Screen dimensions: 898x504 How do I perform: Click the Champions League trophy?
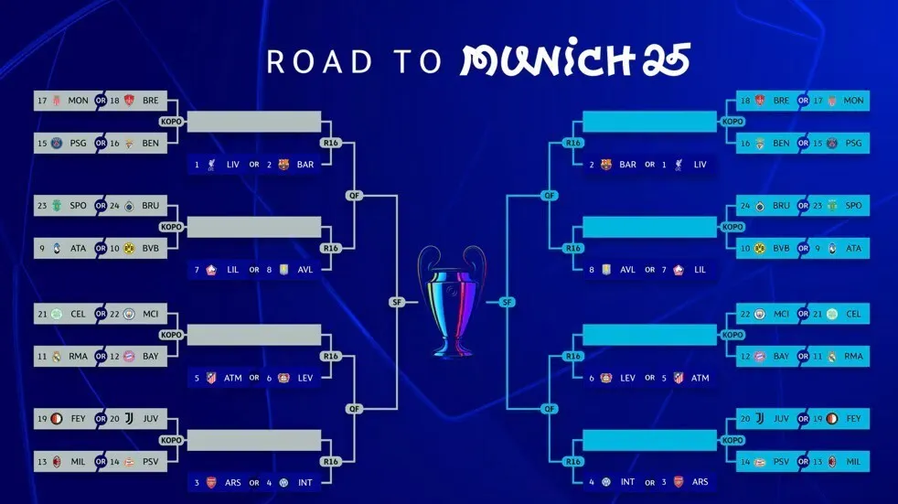pyautogui.click(x=452, y=301)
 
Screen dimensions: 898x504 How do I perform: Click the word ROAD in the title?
pyautogui.click(x=319, y=62)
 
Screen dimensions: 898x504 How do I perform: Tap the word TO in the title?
pyautogui.click(x=417, y=62)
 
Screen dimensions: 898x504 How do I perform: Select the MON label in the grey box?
pyautogui.click(x=78, y=101)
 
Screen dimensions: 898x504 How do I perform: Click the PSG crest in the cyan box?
pyautogui.click(x=832, y=144)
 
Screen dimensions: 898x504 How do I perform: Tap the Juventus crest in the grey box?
pyautogui.click(x=130, y=419)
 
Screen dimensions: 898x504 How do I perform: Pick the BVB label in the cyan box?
pyautogui.click(x=781, y=249)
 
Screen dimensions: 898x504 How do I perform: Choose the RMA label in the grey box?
pyautogui.click(x=78, y=356)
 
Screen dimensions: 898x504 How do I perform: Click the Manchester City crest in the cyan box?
pyautogui.click(x=760, y=314)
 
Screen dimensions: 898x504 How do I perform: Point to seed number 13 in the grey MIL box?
pyautogui.click(x=42, y=462)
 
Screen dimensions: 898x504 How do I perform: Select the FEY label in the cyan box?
pyautogui.click(x=853, y=419)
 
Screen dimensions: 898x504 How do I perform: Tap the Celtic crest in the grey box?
pyautogui.click(x=57, y=314)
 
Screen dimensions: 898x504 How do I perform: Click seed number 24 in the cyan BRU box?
pyautogui.click(x=745, y=206)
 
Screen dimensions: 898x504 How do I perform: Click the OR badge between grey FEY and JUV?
pyautogui.click(x=101, y=419)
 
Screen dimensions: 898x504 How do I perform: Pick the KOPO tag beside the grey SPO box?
pyautogui.click(x=171, y=227)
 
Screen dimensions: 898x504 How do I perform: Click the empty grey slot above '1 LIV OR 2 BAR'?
pyautogui.click(x=253, y=122)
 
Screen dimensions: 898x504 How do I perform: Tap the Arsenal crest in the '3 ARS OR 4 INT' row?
pyautogui.click(x=211, y=482)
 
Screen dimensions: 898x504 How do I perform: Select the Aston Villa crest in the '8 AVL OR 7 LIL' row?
pyautogui.click(x=606, y=269)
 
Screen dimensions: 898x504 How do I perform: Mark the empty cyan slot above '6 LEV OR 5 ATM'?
pyautogui.click(x=649, y=335)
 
